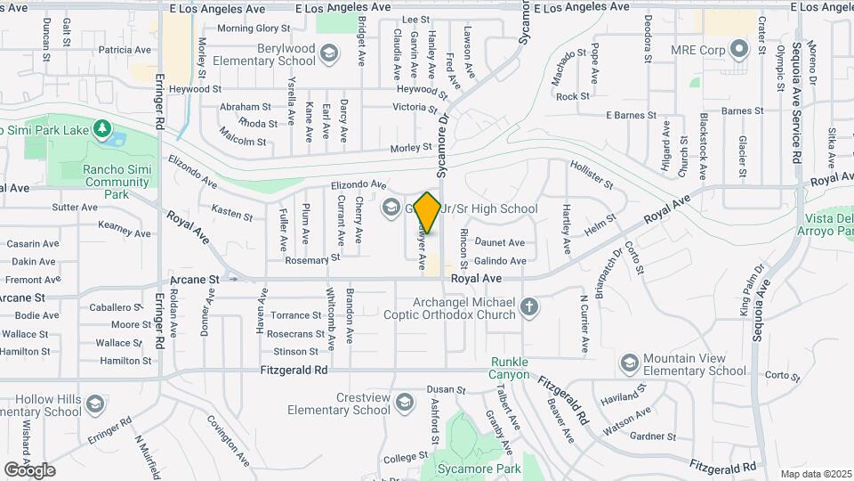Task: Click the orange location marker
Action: (x=428, y=212)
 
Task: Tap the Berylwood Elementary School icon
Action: (x=329, y=55)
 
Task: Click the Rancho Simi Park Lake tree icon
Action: (x=103, y=131)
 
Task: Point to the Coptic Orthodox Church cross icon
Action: (x=529, y=308)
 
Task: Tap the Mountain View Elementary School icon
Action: (x=631, y=363)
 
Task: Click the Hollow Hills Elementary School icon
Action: (x=94, y=404)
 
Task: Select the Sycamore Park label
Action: (x=478, y=468)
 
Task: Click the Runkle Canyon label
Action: (x=509, y=368)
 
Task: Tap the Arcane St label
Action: (x=194, y=279)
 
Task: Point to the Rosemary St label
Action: (x=313, y=259)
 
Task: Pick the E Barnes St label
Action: (x=631, y=115)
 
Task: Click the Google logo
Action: (x=29, y=469)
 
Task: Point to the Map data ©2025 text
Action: (x=814, y=474)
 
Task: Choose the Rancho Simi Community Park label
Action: (x=117, y=182)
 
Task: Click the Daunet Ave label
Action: (x=501, y=242)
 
